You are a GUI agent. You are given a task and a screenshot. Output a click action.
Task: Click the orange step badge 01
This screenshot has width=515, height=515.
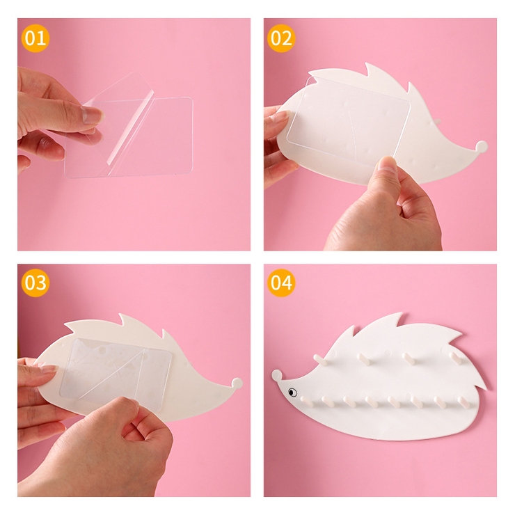click(x=35, y=38)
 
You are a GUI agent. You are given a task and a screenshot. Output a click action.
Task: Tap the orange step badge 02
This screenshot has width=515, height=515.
click(x=281, y=38)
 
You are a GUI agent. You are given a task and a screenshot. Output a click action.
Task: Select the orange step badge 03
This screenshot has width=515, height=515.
click(x=35, y=283)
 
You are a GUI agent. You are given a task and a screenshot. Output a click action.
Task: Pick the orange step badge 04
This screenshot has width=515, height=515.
click(x=281, y=283)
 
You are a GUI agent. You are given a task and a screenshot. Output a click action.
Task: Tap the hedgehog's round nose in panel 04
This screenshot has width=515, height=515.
click(x=276, y=374)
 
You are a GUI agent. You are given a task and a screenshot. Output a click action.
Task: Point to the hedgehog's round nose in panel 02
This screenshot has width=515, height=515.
click(x=482, y=146)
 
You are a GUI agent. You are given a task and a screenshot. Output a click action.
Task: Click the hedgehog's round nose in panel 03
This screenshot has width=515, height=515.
click(x=237, y=383)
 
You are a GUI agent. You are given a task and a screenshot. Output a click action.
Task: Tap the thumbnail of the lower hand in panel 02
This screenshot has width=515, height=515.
click(x=387, y=164)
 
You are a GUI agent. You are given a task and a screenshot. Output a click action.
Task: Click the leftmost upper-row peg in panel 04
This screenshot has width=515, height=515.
click(x=320, y=360)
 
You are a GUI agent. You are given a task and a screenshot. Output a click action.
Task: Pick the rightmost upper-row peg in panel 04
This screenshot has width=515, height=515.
click(x=457, y=357)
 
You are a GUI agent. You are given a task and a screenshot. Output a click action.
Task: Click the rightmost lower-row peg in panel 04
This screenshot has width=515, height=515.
click(x=461, y=402)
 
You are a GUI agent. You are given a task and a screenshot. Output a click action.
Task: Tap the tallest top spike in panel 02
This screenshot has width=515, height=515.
click(x=370, y=70)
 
